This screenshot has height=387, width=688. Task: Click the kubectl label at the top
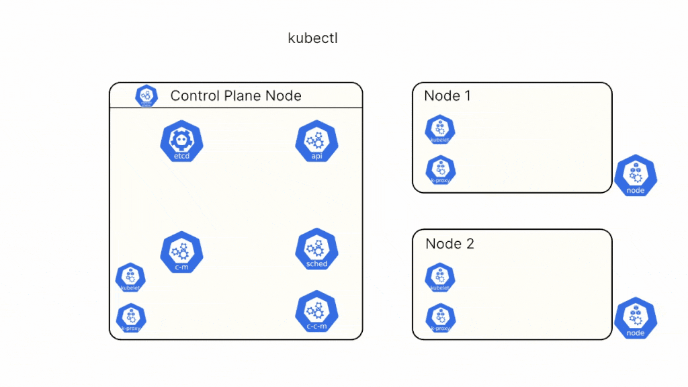(312, 38)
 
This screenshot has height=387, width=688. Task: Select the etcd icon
(181, 142)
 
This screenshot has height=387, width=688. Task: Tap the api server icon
(316, 142)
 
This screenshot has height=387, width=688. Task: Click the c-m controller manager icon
(181, 253)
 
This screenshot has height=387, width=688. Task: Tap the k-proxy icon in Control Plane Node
(130, 318)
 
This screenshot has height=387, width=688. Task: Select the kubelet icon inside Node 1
(440, 130)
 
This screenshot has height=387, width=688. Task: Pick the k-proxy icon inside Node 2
(440, 318)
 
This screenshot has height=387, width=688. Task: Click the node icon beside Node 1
(635, 176)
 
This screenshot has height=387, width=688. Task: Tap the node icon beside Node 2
(635, 318)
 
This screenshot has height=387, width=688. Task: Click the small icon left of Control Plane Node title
(146, 96)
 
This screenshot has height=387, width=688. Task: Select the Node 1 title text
(447, 95)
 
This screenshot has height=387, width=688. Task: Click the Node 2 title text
(449, 243)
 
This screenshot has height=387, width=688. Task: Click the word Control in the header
(194, 95)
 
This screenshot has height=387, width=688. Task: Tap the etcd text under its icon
(181, 157)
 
